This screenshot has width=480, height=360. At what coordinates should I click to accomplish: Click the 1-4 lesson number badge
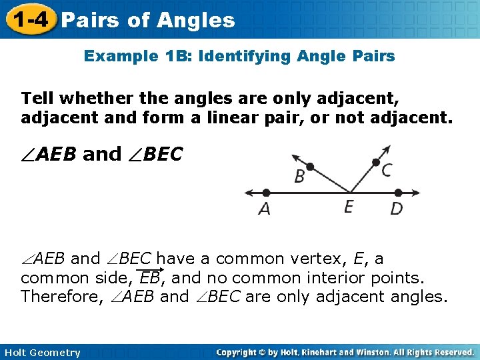point(28,19)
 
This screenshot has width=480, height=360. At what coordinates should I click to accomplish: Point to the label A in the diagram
point(265,209)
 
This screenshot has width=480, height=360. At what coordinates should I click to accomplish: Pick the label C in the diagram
point(386,171)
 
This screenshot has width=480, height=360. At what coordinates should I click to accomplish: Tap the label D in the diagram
point(396,209)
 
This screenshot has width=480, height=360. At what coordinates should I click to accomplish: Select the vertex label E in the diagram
point(349,207)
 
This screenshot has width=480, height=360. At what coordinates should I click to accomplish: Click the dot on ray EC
point(376,162)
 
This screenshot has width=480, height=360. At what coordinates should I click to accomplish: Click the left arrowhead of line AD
point(248,193)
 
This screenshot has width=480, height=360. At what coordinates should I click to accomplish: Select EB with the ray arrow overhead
point(151,277)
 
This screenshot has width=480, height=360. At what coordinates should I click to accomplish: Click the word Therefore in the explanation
point(59,297)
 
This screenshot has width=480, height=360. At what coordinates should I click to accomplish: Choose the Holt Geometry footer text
point(41,353)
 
